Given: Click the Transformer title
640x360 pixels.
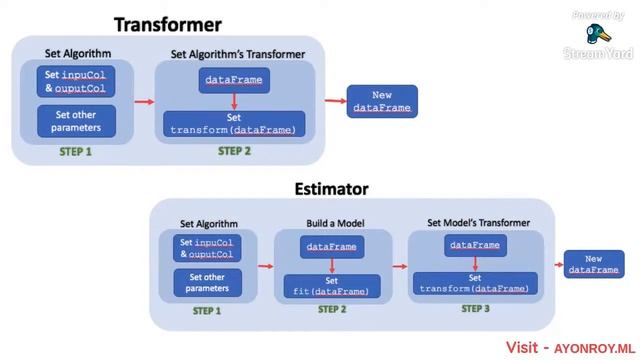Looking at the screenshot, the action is click(168, 24).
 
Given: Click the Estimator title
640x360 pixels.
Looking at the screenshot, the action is click(331, 189).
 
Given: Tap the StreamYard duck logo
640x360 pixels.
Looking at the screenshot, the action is click(598, 33).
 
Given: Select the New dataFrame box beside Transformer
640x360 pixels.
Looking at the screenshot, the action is click(382, 101).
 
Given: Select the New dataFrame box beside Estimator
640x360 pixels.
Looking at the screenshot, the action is click(594, 264).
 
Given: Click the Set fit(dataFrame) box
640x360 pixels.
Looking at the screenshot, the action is click(332, 286).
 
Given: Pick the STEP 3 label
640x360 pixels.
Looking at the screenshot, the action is click(475, 309).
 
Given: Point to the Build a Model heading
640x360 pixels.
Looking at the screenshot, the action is click(335, 223).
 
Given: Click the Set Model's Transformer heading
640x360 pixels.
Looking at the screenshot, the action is click(478, 222).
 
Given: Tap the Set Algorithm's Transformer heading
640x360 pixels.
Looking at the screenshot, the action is click(238, 54).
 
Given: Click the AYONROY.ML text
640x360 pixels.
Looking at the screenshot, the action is click(595, 349).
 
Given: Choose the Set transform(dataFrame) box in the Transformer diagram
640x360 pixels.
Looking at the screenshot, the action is click(234, 124).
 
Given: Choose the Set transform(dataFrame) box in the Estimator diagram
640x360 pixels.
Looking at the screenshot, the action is click(475, 283).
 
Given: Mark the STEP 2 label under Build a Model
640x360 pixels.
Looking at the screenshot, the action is click(332, 309).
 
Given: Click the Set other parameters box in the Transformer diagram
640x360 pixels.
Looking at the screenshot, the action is click(76, 121).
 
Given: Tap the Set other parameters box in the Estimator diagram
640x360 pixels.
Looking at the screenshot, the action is click(207, 282).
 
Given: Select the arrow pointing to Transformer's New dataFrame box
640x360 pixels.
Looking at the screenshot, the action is click(336, 100).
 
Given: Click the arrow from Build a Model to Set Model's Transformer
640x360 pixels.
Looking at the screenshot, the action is click(400, 267).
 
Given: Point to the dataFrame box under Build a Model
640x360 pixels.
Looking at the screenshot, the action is click(332, 247).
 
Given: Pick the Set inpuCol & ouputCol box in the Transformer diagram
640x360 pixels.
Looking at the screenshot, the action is click(76, 81).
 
